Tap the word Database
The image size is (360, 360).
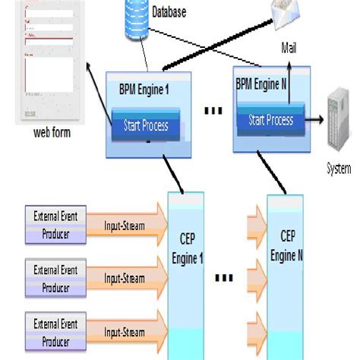169,12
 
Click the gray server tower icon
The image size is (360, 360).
338,122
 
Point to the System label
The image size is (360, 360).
338,168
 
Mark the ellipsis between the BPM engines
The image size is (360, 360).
214,112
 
